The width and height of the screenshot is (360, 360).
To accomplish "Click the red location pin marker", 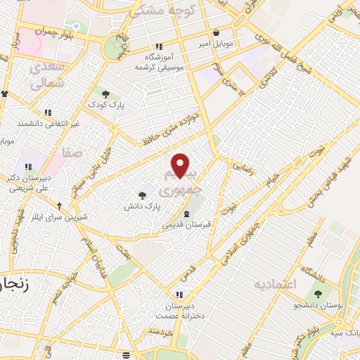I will (181, 166).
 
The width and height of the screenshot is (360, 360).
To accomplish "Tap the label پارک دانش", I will (143, 206).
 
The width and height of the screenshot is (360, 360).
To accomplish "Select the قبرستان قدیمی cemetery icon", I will (186, 214).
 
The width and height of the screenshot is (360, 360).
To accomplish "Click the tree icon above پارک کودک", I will (105, 94).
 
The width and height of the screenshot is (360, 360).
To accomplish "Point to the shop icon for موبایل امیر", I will (216, 32).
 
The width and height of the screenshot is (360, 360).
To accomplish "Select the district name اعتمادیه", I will (276, 283).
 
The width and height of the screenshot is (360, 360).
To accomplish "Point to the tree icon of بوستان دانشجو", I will (318, 294).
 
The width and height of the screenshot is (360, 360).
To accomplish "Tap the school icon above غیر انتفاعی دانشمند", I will (48, 112).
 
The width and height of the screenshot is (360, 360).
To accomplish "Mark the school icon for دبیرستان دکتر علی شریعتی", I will (28, 167).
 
